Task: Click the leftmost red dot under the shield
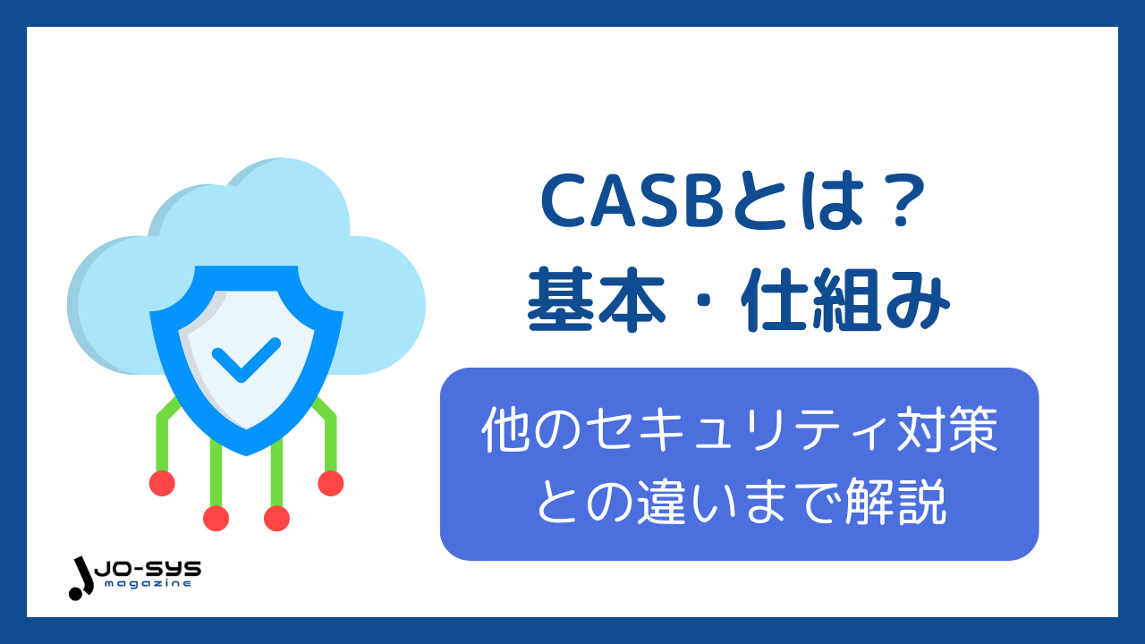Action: (162, 483)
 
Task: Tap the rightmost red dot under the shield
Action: (330, 483)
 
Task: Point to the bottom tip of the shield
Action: (246, 451)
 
